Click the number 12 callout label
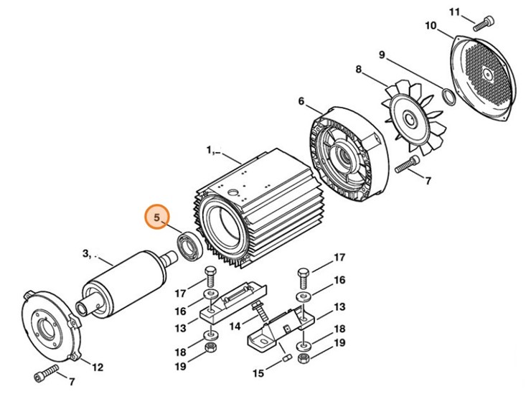(x=97, y=367)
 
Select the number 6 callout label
(x=301, y=102)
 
